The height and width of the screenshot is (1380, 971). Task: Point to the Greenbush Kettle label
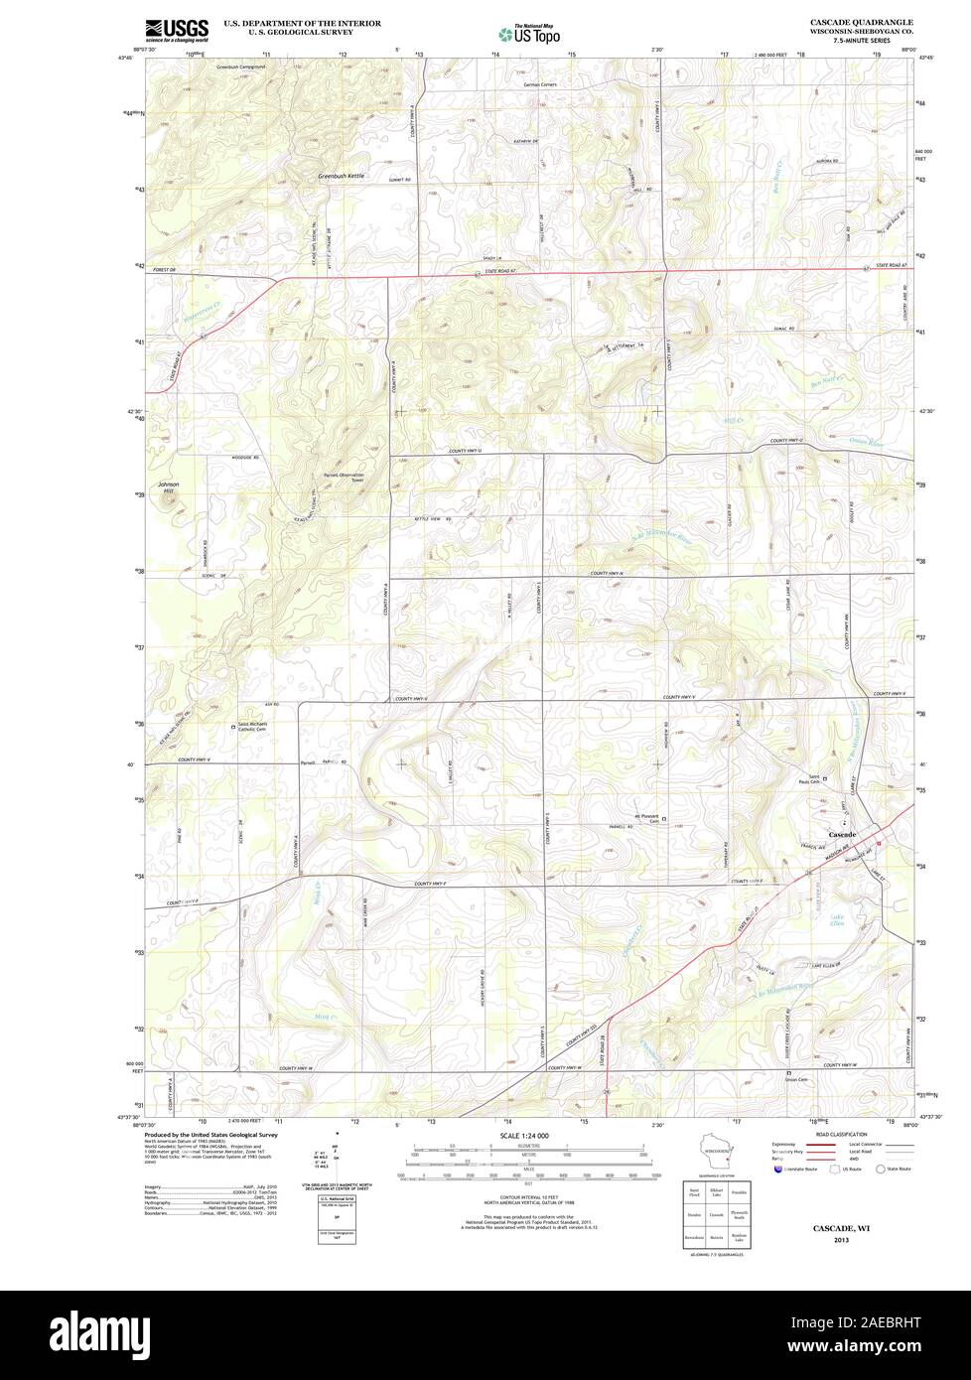[342, 176]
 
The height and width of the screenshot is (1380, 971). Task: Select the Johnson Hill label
[170, 486]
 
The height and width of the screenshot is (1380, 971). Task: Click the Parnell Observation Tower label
[344, 478]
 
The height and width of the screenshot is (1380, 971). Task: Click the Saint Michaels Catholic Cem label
[257, 727]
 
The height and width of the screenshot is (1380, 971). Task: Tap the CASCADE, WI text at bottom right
[841, 1228]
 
